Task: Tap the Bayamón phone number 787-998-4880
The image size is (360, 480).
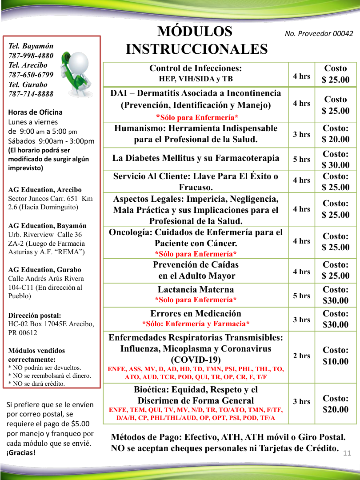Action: (31, 56)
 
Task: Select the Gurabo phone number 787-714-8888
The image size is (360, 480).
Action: (31, 94)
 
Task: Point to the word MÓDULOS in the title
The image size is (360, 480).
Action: (195, 32)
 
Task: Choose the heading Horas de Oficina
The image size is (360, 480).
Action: (36, 112)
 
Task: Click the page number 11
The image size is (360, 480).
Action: (347, 453)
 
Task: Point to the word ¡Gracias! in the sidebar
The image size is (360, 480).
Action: (21, 452)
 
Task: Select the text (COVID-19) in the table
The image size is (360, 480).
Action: (196, 359)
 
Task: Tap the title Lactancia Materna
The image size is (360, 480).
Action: (196, 289)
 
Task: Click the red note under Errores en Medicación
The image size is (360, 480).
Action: (196, 324)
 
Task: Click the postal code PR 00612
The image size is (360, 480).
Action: (23, 332)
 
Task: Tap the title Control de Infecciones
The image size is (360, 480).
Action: (196, 68)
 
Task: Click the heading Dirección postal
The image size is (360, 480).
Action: (35, 315)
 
